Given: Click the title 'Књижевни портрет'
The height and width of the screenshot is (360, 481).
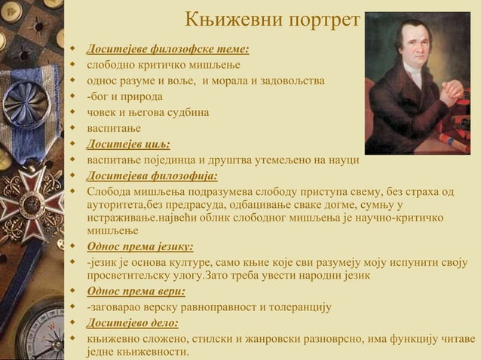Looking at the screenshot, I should point(272,20).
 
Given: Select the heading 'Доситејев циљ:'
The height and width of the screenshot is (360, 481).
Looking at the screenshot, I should point(128,144).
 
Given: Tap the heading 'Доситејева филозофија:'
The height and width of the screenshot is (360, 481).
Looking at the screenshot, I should point(152,175).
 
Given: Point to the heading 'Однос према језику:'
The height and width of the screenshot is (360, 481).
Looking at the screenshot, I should point(140,246).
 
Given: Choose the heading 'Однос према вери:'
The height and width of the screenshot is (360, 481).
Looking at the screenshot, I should point(136,291).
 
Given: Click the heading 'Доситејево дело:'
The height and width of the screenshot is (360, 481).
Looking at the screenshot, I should point(133,323).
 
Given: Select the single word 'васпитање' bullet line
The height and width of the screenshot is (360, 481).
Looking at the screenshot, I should point(115,128).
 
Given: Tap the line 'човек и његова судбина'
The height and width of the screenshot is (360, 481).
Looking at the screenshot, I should point(148,112).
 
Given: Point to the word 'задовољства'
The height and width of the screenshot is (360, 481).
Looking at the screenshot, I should point(292,81).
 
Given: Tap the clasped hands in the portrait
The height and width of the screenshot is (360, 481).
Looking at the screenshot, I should point(451,91).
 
